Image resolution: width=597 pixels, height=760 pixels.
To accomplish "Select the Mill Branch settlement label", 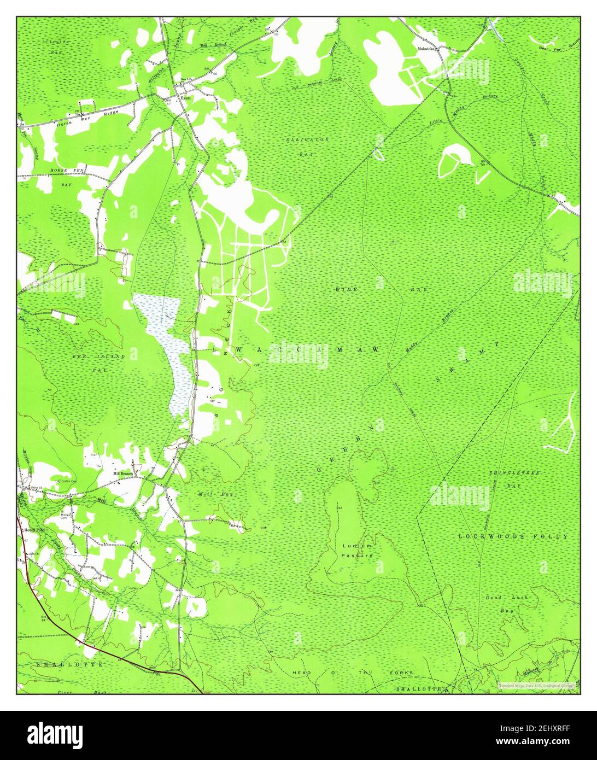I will point(123,473).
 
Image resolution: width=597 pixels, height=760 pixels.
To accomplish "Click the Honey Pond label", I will point(33,530).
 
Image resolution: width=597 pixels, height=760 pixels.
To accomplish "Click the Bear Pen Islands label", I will point(558,48).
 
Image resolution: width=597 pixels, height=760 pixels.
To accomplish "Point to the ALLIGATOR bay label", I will point(307,140).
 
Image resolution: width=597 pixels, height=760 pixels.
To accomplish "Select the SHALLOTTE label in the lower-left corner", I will point(70,664).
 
